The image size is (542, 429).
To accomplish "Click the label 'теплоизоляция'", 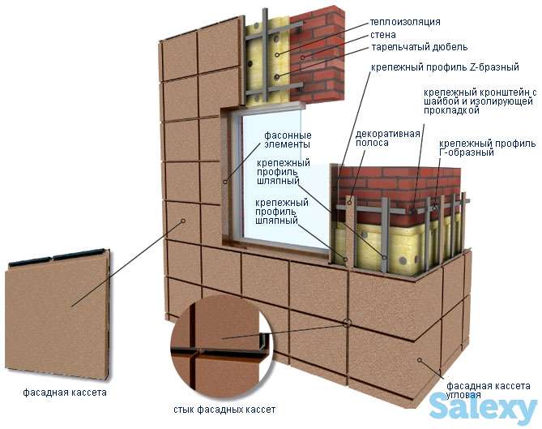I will click(404, 22).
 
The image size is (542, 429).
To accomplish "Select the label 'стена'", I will click(382, 36).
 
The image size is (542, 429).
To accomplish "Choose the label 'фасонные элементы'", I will click(286, 139).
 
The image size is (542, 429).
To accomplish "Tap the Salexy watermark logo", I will click(483, 405).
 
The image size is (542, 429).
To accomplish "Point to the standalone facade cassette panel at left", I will click(57, 312).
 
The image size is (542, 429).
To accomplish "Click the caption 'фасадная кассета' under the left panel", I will click(53, 393).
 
